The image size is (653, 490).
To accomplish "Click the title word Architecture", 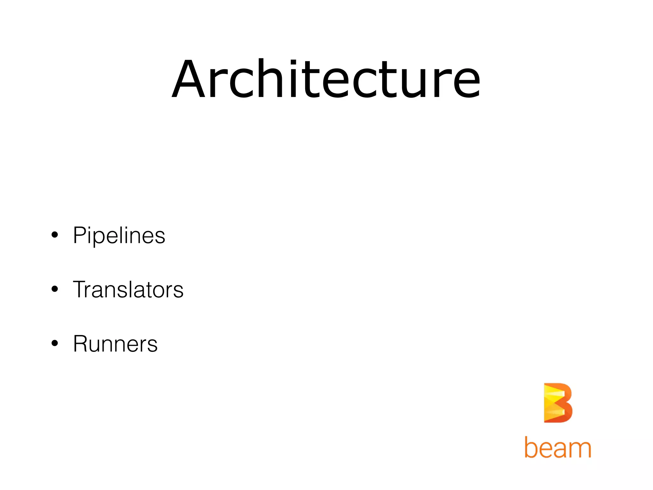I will click(x=326, y=79).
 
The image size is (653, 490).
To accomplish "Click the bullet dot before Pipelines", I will click(x=55, y=235).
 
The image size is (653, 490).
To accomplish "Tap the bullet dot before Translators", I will click(x=55, y=289).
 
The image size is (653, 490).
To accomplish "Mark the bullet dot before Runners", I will click(x=55, y=344).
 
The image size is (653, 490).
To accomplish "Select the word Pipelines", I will click(x=119, y=235).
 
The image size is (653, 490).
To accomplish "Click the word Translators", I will click(x=128, y=290).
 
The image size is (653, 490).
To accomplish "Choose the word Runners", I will click(x=115, y=344).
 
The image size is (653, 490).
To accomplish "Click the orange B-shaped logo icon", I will click(x=558, y=403).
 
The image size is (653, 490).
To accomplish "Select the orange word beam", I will click(x=558, y=447).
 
